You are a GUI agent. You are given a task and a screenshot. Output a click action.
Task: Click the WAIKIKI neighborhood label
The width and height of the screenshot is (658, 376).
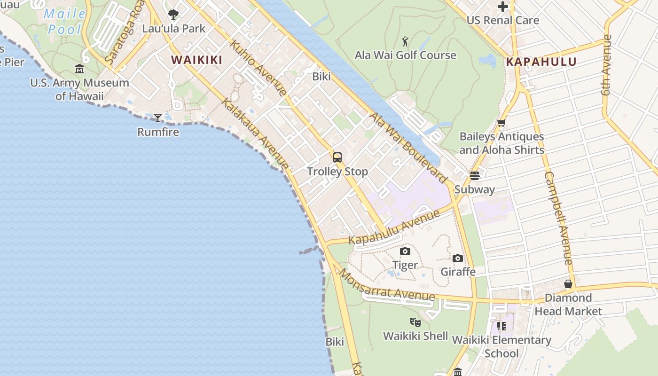point(196,60)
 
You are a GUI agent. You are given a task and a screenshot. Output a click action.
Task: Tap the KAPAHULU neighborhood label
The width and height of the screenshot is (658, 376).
point(540,62)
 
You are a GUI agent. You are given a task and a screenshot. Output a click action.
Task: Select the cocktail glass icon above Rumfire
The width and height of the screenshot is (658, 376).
point(158,117)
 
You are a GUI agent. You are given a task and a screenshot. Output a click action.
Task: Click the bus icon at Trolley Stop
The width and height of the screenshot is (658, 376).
point(337,157)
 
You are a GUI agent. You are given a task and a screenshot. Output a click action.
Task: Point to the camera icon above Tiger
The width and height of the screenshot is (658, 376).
point(405,251)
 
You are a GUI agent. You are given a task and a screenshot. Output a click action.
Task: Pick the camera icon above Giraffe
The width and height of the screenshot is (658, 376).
point(458,258)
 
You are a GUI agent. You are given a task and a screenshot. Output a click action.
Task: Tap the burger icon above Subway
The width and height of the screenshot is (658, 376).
point(474,176)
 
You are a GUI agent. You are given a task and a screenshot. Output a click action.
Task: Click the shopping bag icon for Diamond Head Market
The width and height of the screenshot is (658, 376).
point(568,284)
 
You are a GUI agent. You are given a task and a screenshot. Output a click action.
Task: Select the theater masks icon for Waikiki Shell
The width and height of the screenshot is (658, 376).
point(415,322)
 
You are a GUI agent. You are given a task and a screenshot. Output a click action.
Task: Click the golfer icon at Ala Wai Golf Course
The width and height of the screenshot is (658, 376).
point(405,41)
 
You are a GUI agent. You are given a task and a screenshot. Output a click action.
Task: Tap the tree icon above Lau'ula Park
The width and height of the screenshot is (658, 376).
point(173,15)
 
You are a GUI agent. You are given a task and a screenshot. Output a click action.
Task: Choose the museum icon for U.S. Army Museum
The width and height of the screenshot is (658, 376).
point(79,69)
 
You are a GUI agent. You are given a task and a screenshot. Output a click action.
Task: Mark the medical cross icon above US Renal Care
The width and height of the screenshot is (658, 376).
point(502,7)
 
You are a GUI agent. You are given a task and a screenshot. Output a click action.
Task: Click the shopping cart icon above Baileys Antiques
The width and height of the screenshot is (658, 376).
point(501,123)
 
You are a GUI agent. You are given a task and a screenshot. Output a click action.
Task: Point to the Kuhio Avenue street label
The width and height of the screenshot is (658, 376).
point(258,69)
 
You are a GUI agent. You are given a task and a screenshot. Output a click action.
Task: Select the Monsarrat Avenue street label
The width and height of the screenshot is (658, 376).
point(386,286)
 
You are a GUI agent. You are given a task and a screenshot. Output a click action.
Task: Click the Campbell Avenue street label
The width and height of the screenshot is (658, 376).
point(558,219)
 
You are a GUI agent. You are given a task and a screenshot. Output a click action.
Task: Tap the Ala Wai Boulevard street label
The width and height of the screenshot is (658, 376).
point(408,148)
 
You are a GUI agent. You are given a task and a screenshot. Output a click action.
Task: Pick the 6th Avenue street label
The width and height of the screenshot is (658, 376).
point(607,65)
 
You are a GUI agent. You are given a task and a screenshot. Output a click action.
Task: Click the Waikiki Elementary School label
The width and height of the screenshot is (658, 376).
point(501,346)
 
